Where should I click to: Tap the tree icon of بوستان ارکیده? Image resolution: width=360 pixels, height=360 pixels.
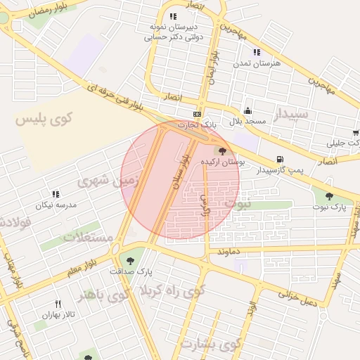[223, 151]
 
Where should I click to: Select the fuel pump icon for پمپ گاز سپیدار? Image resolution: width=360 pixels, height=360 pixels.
[281, 160]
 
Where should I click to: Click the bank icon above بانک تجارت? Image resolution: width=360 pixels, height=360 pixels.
[198, 114]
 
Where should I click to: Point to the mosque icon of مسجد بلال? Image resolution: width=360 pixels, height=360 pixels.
[247, 110]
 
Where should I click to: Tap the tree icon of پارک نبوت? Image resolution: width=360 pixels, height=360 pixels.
[329, 196]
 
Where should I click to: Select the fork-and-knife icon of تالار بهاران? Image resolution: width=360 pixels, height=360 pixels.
[58, 304]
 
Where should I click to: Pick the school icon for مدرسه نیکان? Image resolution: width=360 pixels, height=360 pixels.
[55, 194]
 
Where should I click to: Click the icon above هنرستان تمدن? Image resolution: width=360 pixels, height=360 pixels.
[257, 52]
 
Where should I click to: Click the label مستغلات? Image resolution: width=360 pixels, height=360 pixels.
[89, 236]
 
